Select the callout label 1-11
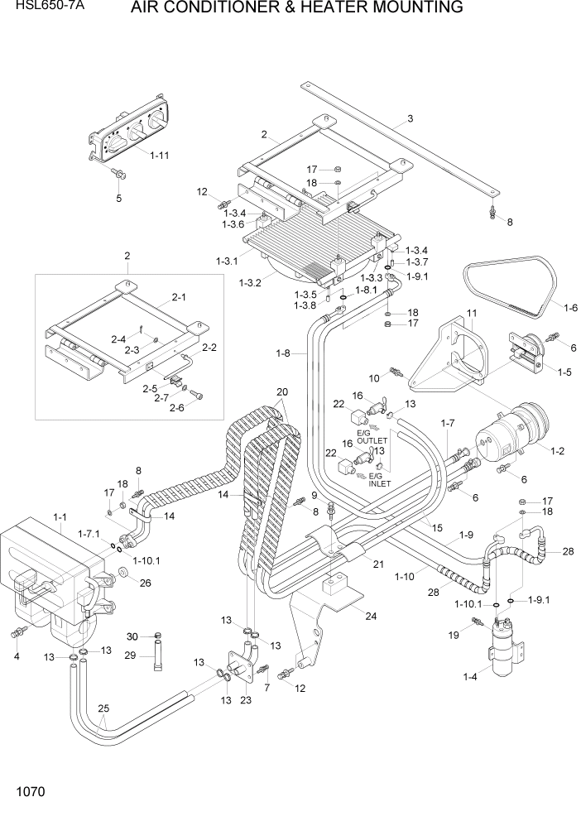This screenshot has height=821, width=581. click(x=159, y=155)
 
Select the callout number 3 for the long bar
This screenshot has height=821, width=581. click(x=410, y=119)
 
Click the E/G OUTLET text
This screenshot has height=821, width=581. click(x=372, y=437)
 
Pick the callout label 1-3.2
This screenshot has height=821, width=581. click(x=250, y=283)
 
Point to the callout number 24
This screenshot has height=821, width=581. click(x=370, y=616)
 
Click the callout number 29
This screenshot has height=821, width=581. click(x=129, y=655)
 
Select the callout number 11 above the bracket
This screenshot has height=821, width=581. click(x=473, y=312)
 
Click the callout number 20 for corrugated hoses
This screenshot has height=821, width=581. click(x=281, y=391)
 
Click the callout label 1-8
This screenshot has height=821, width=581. click(x=283, y=354)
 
